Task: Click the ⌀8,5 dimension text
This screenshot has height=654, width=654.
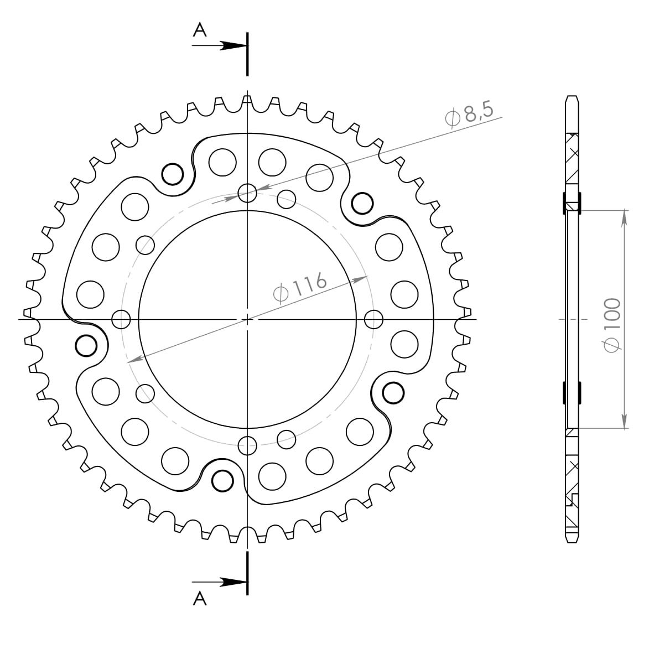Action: (x=468, y=115)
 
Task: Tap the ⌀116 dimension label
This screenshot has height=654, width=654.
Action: (x=300, y=287)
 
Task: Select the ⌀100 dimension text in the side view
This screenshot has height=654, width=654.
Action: (x=613, y=324)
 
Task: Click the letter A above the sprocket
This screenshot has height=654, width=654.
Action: (x=200, y=30)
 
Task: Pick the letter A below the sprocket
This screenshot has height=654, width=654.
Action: (x=200, y=598)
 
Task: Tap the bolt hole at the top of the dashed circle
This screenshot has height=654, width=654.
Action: (x=247, y=193)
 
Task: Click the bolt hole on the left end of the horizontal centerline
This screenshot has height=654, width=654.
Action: (x=121, y=319)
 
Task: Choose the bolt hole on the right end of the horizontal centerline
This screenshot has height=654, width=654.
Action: (x=374, y=319)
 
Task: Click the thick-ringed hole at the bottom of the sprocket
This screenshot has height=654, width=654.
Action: (x=223, y=480)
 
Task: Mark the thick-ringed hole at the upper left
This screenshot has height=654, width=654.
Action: (x=172, y=174)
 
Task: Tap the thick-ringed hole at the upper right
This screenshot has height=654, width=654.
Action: (x=362, y=203)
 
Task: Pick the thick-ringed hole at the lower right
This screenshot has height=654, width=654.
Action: (x=393, y=392)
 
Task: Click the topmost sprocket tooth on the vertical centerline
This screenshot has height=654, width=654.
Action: (x=247, y=99)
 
